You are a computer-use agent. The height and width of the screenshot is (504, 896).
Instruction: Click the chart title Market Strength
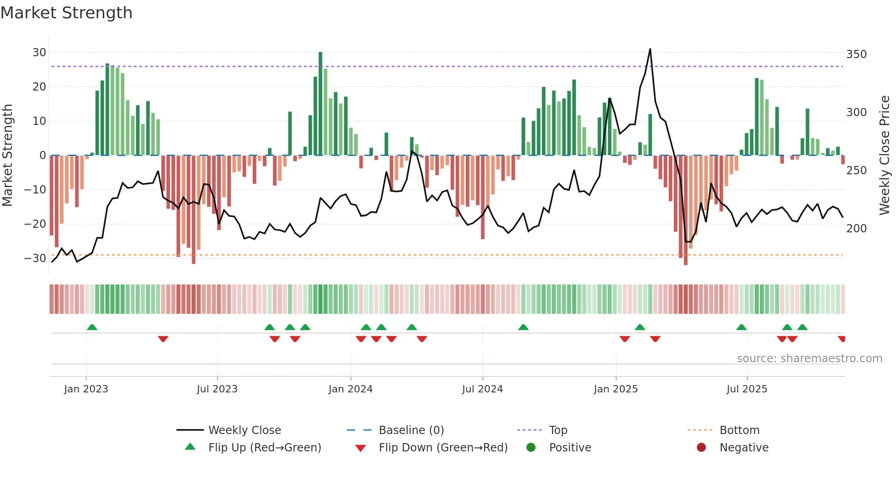coord(66,13)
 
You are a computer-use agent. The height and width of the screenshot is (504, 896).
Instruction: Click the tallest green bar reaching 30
coord(320,103)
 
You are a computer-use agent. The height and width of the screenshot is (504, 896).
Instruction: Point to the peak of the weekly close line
coord(650,49)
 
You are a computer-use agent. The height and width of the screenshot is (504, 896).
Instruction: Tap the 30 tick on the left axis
coord(39,53)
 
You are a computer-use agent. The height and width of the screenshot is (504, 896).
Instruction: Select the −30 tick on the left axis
coord(35,258)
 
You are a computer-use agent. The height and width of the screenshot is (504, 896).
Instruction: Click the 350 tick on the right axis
coord(856,54)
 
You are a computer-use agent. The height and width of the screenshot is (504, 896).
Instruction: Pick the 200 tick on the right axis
coord(856,228)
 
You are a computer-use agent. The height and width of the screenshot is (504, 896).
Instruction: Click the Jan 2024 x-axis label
coord(350,389)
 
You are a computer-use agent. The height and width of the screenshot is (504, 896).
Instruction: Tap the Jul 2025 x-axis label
coord(747,389)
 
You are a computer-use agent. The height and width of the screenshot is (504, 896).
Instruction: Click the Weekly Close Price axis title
coord(885,155)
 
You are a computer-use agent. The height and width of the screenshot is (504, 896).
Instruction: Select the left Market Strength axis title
coord(8,155)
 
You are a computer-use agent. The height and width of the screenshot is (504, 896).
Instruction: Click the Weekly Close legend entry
coord(245,430)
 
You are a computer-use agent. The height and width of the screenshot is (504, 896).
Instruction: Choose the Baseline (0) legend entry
coord(411,430)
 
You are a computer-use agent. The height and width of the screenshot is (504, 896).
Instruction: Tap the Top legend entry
coord(558,430)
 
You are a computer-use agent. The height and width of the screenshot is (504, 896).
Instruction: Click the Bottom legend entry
coord(739,430)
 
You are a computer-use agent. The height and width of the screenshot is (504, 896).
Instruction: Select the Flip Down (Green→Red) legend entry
coord(443,448)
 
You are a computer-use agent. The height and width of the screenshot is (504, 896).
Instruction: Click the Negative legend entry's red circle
coord(701,447)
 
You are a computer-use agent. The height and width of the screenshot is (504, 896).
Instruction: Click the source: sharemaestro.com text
coord(809,359)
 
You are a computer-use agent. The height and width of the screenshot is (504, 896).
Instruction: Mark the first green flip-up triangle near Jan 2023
coord(92,327)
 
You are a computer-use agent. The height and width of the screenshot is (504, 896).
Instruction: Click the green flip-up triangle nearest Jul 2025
coord(741,327)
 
